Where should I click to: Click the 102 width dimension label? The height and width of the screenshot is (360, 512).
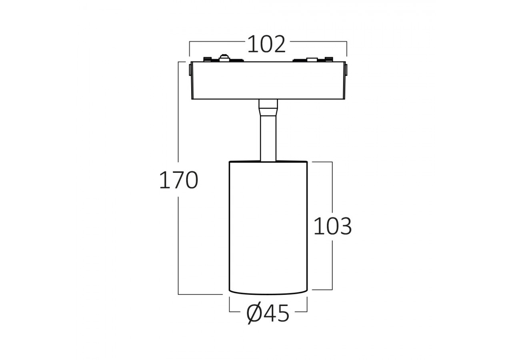tap(266, 44)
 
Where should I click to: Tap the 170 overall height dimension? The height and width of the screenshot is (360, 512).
tap(178, 180)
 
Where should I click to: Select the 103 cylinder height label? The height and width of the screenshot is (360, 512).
tap(332, 226)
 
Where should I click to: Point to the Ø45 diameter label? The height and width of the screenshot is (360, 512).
tap(268, 313)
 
